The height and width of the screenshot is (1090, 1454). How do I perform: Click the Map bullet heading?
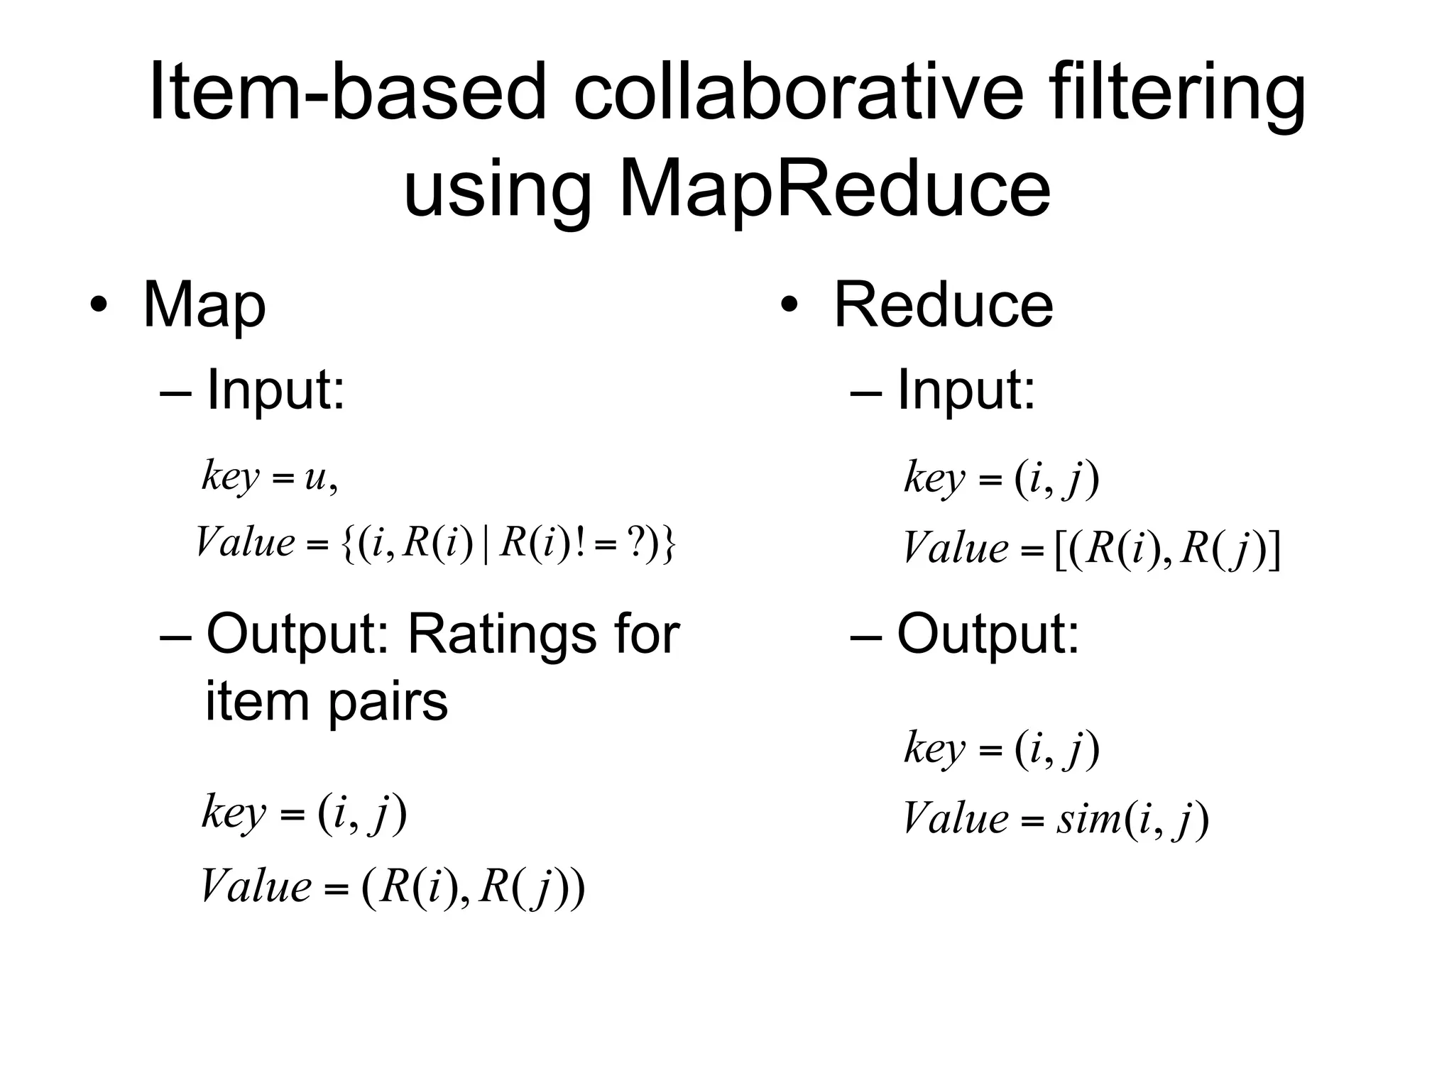(204, 306)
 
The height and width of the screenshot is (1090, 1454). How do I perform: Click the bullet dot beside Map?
(99, 306)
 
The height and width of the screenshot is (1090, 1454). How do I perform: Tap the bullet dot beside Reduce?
(789, 306)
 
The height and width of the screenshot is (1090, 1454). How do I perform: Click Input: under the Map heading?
(275, 390)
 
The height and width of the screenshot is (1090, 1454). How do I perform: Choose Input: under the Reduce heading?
(966, 390)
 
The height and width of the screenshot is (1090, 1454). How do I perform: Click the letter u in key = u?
(315, 478)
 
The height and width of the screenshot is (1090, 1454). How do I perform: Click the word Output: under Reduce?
(988, 634)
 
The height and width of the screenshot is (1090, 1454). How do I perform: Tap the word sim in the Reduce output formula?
(1088, 819)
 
